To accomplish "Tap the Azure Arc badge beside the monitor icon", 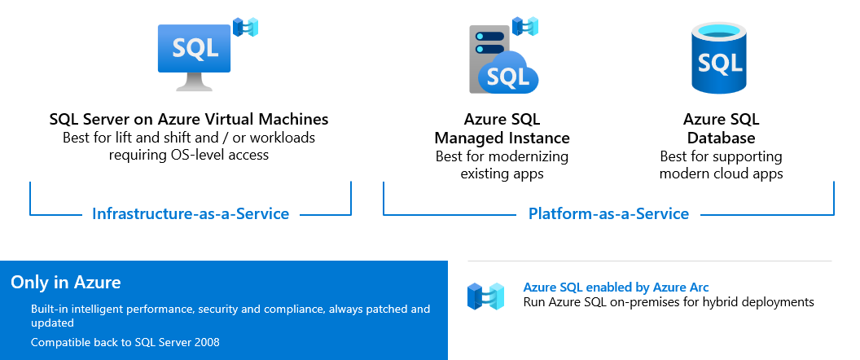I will point(245,27).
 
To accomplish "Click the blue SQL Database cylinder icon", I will point(719,57).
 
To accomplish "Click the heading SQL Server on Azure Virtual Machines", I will point(189,120).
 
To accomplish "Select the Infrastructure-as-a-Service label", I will point(191,214).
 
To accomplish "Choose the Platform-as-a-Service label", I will point(608,214).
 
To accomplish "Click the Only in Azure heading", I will point(66,283).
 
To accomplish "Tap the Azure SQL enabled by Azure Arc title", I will point(616,287).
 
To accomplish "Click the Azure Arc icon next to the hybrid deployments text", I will point(486,296).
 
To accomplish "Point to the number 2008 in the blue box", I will point(204,342).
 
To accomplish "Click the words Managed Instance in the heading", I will point(502,138).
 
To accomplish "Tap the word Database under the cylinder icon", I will point(721,138).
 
